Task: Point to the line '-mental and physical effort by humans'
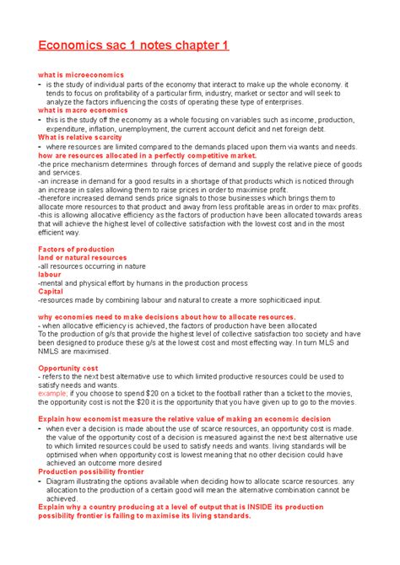tap(143, 282)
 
